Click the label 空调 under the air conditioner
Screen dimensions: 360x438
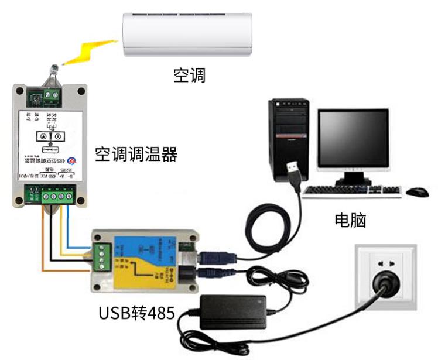click(x=190, y=75)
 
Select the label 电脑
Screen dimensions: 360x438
click(x=350, y=220)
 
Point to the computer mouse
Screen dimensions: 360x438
click(x=416, y=191)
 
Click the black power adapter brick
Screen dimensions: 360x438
click(x=234, y=310)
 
